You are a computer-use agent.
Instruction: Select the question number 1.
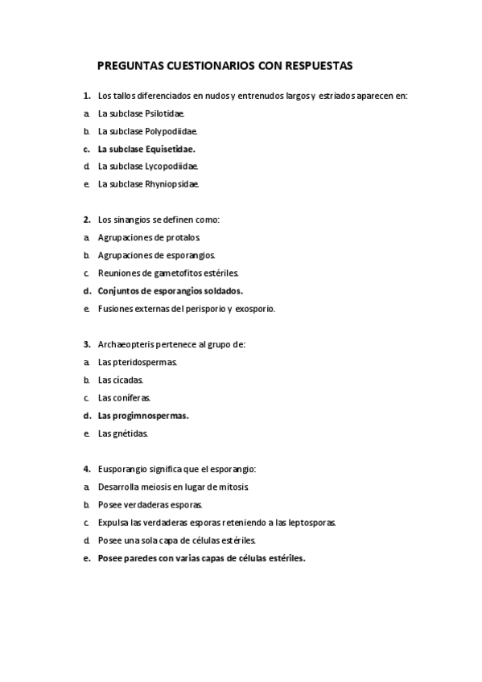(86, 96)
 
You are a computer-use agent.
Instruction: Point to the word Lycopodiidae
(171, 166)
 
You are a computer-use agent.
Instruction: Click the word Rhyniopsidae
(172, 184)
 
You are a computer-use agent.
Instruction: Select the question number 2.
(86, 220)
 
